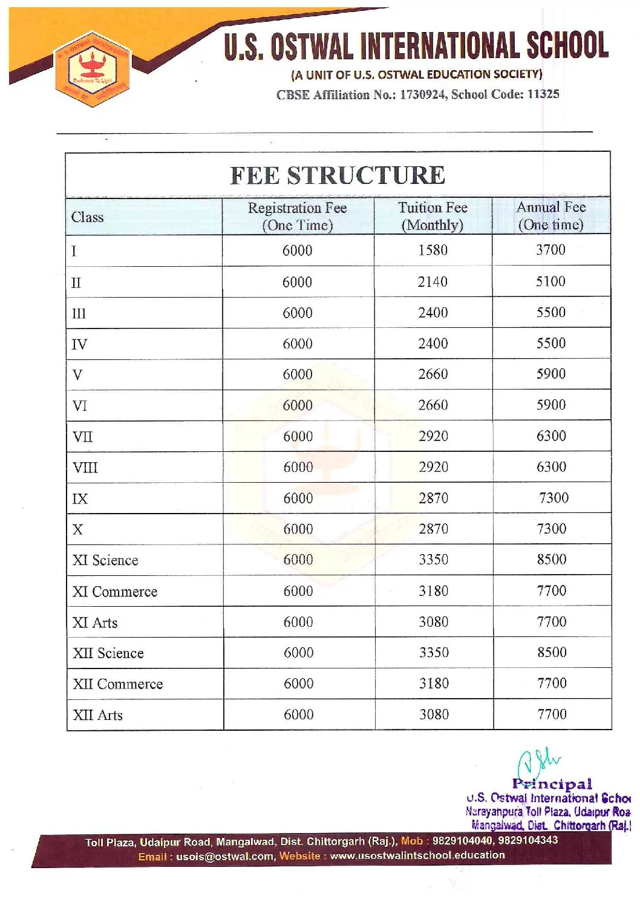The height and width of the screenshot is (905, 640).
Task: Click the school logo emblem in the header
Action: pyautogui.click(x=92, y=69)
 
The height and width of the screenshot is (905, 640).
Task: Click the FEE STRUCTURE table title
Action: pyautogui.click(x=338, y=175)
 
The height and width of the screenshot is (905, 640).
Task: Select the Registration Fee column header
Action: pyautogui.click(x=297, y=216)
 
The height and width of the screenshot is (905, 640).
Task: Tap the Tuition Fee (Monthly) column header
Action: pyautogui.click(x=433, y=216)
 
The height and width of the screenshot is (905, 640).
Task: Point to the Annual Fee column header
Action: pyautogui.click(x=550, y=215)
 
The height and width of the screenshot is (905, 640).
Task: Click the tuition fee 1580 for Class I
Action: pyautogui.click(x=433, y=250)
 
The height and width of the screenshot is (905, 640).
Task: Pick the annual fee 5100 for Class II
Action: pyautogui.click(x=550, y=281)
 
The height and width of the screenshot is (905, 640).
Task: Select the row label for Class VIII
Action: pyautogui.click(x=85, y=468)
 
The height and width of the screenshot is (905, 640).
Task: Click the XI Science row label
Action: pyautogui.click(x=105, y=560)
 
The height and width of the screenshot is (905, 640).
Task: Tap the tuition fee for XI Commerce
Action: pyautogui.click(x=434, y=591)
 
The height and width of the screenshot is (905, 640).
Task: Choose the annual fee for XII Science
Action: pyautogui.click(x=552, y=652)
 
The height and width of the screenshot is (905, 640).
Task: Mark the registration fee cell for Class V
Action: pyautogui.click(x=298, y=374)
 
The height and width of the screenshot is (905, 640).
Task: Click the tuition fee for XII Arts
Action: pyautogui.click(x=434, y=714)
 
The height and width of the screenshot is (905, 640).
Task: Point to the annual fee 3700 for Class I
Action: pyautogui.click(x=550, y=250)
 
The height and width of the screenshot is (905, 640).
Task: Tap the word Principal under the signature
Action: pyautogui.click(x=552, y=784)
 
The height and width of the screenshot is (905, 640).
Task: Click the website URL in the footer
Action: pyautogui.click(x=417, y=855)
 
